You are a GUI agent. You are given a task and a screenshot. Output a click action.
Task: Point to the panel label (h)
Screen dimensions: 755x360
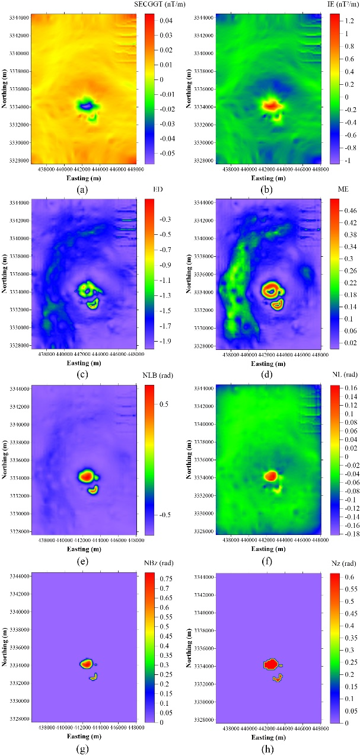[270, 748]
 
